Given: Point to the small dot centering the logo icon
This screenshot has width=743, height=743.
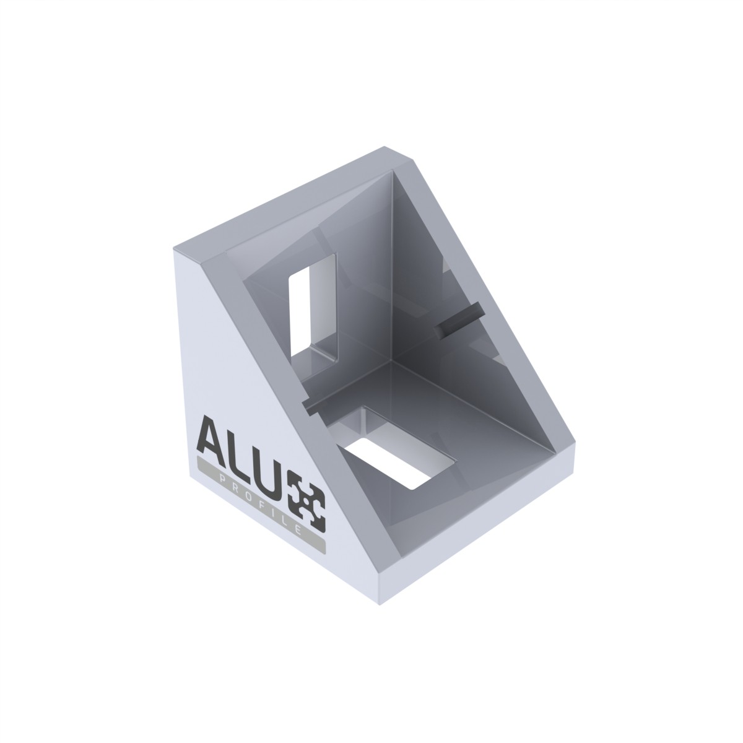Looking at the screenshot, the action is [x=306, y=502].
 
